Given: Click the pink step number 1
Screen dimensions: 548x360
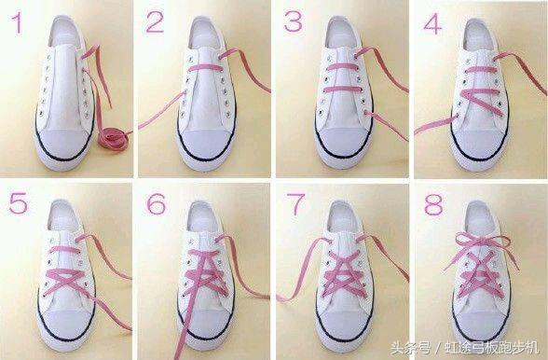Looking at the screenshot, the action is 18,23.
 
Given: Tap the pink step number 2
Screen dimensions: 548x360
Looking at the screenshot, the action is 155,22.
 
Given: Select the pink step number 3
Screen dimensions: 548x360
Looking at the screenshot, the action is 293,21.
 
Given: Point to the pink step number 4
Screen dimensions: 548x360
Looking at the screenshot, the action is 432,24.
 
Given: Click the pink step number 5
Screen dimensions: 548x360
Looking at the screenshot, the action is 19,203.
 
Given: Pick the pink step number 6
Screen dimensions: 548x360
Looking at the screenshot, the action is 156,204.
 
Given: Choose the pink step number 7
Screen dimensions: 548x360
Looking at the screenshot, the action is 295,204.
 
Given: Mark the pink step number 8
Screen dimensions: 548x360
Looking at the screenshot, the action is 433,204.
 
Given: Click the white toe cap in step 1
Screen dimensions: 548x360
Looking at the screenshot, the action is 64,144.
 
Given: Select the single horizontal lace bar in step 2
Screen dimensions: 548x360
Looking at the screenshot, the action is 205,67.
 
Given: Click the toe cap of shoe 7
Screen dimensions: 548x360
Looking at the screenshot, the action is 345,324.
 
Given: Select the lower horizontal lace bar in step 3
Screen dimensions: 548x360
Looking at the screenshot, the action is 343,90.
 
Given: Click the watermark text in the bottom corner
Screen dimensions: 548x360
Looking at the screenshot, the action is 465,348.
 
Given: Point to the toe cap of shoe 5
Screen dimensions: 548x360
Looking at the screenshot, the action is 66,324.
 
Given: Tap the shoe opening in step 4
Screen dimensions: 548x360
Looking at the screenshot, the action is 480,35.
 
